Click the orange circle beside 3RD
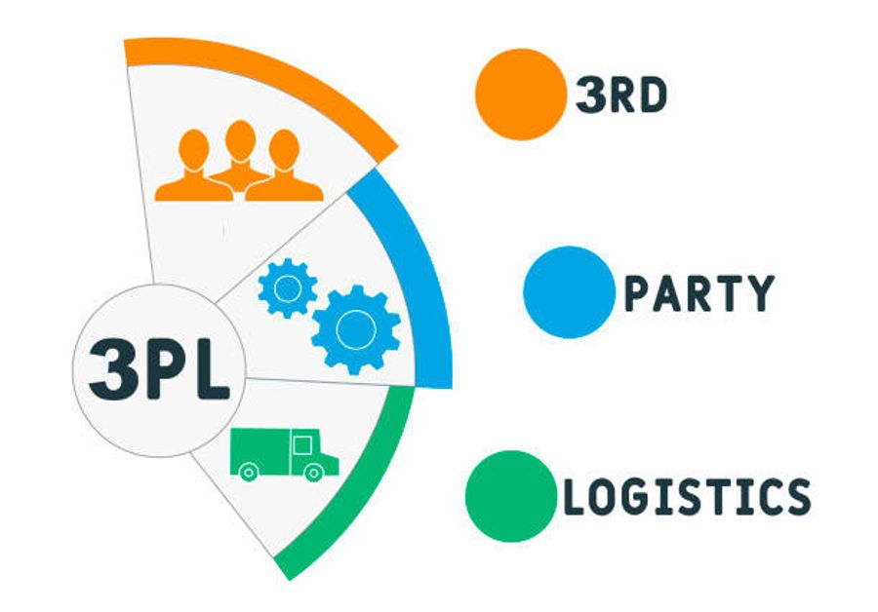point(521,95)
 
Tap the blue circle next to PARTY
point(569,291)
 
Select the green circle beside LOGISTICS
point(510,495)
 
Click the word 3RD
point(621,96)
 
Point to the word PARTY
point(698,292)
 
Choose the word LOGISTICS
point(689,496)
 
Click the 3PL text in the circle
point(159,369)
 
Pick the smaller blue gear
point(287,287)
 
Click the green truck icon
point(283,453)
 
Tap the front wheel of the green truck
point(313,473)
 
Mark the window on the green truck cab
point(303,446)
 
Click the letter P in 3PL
point(161,369)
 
